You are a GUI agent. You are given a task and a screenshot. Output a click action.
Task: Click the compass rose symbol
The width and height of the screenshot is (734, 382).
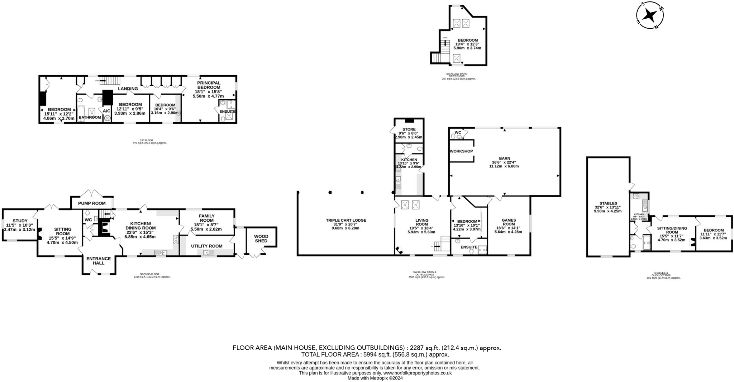point(650,15)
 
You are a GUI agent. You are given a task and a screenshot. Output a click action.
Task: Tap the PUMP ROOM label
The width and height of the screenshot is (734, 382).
point(92,203)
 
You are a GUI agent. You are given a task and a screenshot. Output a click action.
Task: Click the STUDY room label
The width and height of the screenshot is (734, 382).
point(20,221)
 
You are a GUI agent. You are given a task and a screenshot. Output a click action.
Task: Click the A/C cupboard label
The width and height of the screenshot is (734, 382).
point(107,111)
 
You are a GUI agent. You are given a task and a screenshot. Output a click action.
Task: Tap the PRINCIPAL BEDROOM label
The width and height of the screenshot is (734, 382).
point(209,85)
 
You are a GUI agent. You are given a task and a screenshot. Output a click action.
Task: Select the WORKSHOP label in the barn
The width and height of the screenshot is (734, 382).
point(461,151)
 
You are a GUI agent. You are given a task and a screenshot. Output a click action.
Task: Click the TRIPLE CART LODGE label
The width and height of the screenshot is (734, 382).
point(346,220)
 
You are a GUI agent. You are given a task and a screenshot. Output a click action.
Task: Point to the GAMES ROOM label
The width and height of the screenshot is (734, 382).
point(508,222)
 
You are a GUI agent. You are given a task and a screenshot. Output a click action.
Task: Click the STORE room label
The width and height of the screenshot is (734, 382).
point(409,129)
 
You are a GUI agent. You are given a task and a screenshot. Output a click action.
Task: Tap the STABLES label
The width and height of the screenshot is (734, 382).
point(608,203)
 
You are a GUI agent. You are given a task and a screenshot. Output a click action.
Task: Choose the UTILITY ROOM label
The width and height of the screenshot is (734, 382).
point(206,246)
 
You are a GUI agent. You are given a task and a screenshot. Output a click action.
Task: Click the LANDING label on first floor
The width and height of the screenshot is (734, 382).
point(128,89)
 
